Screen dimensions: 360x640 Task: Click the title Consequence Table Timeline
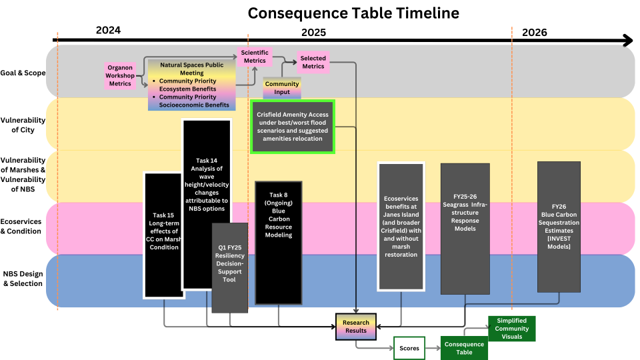coord(353,13)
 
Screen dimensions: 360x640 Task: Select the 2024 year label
coord(108,31)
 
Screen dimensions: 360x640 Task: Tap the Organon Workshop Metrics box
coord(120,75)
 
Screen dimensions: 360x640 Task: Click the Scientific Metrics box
coord(254,57)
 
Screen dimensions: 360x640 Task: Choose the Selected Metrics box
coord(313,62)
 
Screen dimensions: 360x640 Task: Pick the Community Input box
coord(282,88)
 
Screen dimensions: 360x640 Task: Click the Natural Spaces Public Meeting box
coord(191,85)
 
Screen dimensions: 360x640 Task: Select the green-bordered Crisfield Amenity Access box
coord(293,127)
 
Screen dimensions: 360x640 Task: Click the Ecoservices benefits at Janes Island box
coord(401,226)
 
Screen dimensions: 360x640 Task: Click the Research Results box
coord(356,327)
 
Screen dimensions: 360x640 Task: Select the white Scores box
coord(409,348)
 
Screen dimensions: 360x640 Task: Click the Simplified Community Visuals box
coord(511,329)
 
